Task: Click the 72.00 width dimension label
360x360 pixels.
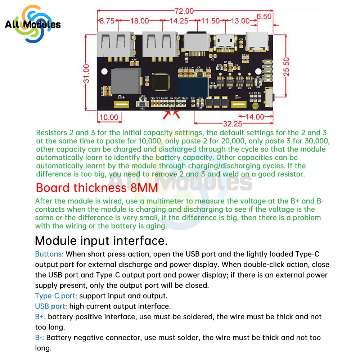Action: tap(184, 11)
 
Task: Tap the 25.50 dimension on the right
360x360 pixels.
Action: tap(287, 67)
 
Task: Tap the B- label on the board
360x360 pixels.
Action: tap(238, 97)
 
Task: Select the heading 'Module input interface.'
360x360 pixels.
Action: tap(101, 240)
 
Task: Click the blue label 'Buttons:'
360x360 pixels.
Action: tap(49, 254)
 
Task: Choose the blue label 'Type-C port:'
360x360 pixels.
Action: tap(56, 296)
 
